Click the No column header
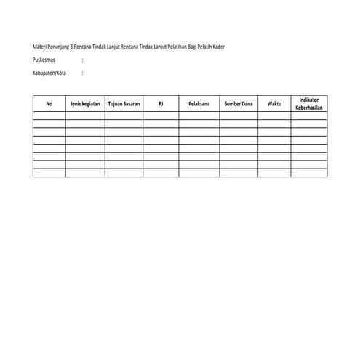(49, 104)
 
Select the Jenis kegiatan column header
(85, 104)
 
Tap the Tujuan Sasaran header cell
(124, 104)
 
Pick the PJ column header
(161, 104)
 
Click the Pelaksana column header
(199, 104)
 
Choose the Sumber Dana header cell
(239, 104)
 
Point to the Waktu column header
(274, 104)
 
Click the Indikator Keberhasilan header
(308, 103)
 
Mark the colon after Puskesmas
(83, 60)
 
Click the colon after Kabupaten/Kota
(83, 73)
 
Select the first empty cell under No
(49, 116)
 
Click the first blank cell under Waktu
(274, 116)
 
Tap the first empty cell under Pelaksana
(199, 116)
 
